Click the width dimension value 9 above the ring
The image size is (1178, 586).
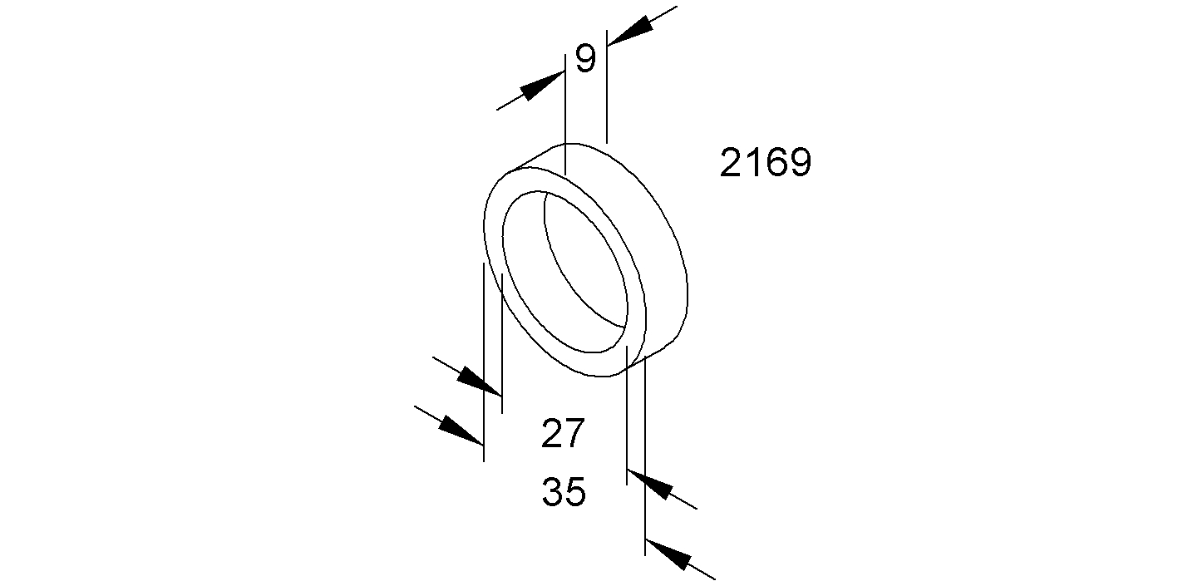coord(586,58)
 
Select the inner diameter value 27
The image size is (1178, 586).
coord(563,433)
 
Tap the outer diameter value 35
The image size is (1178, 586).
coord(564,492)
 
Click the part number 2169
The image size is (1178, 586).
coord(765,163)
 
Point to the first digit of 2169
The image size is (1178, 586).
coord(731,163)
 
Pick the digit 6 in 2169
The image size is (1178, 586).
coord(776,163)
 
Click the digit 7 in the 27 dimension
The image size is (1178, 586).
coord(574,433)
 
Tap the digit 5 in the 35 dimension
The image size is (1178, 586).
coord(575,492)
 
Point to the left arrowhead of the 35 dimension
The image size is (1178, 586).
coord(461,431)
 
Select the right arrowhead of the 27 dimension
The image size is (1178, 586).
coord(649,485)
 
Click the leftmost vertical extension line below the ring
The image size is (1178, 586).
coord(483,362)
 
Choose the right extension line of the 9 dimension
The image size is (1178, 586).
coord(607,86)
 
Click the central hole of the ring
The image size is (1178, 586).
coord(565,272)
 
